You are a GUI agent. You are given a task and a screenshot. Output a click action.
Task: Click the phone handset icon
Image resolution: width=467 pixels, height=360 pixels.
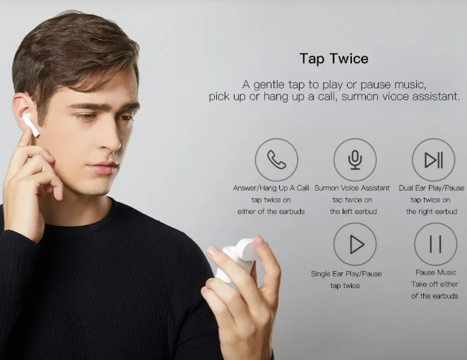coord(276,160)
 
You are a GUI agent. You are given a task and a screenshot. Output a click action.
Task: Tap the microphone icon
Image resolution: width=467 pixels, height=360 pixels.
coord(355,160)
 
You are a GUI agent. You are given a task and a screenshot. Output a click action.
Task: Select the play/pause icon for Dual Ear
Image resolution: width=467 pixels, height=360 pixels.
coord(434,160)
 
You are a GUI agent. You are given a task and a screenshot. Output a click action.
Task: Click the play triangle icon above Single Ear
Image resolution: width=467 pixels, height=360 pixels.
coord(357,244)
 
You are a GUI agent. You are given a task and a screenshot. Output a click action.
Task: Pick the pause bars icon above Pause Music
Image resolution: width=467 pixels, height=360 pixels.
coord(435,244)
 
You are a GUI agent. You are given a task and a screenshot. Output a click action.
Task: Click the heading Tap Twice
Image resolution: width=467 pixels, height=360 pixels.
coord(334,59)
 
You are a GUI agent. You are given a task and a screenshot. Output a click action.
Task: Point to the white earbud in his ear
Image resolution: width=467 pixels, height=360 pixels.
coord(30,124)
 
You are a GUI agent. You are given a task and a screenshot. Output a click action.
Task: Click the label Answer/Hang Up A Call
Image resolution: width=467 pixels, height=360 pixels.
coord(271,188)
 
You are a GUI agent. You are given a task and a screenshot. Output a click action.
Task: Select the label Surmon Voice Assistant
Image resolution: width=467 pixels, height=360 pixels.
coord(352,188)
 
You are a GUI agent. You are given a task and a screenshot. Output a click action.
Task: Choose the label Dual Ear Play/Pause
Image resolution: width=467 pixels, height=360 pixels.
coord(432,188)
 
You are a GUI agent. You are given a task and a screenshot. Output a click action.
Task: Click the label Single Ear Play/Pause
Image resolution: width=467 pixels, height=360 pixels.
coord(346,274)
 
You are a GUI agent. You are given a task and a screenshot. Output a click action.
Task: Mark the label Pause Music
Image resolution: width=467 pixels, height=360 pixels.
coord(436,272)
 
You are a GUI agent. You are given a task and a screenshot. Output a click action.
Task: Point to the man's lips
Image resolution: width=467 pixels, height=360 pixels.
coord(102,167)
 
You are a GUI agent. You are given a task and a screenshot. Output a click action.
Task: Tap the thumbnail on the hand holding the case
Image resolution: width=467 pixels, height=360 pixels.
coord(213,251)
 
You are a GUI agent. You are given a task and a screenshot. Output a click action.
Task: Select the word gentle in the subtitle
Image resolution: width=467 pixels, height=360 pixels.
coord(268,85)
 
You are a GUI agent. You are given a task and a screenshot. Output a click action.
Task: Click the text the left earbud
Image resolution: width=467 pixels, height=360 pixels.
coord(353,212)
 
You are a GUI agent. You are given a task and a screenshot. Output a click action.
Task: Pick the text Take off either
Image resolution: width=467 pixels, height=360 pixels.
coord(435,284)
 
